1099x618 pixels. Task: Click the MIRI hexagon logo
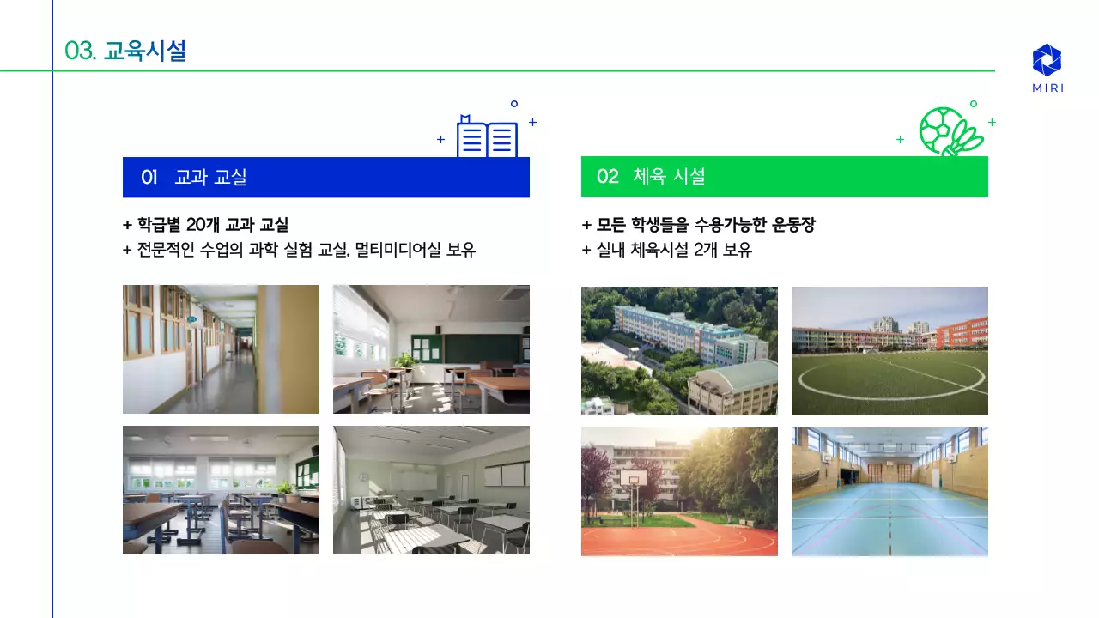(1047, 60)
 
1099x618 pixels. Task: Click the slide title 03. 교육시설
(125, 51)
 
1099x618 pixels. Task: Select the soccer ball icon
(941, 130)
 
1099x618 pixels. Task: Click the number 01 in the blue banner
(149, 178)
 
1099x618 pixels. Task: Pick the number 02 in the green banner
(607, 177)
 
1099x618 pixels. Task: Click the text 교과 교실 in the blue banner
(210, 178)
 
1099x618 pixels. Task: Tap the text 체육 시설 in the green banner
(669, 177)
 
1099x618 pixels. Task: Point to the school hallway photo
(221, 349)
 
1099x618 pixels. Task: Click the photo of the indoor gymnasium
(890, 492)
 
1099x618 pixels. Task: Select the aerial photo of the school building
(679, 350)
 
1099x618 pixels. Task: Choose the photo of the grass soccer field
(890, 350)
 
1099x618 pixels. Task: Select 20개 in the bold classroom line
(203, 225)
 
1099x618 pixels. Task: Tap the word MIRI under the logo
(1047, 88)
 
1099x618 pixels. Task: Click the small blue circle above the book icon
(514, 104)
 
